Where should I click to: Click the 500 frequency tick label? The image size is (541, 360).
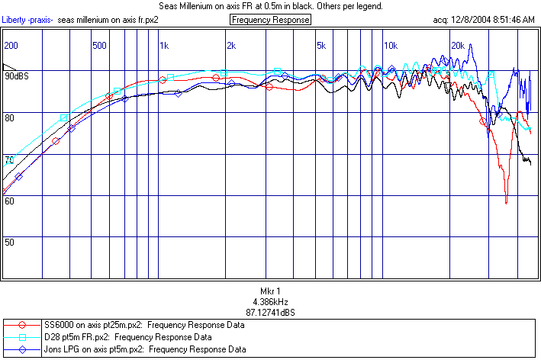98,46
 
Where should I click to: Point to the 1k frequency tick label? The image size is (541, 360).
164,46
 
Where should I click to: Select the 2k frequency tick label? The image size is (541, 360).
230,46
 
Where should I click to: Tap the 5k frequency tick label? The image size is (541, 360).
321,46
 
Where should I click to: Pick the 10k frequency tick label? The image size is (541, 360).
390,46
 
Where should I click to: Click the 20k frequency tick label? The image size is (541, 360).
458,46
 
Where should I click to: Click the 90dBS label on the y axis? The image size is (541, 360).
17,77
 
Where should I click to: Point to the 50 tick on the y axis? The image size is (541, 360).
10,242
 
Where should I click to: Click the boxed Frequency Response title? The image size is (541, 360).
270,20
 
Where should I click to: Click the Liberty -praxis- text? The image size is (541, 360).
27,20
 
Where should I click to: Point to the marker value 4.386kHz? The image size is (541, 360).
271,302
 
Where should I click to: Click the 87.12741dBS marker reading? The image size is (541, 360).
271,313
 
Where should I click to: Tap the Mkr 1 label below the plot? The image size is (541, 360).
271,291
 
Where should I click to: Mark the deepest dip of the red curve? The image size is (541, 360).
506,202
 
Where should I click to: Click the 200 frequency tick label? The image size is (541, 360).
11,46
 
